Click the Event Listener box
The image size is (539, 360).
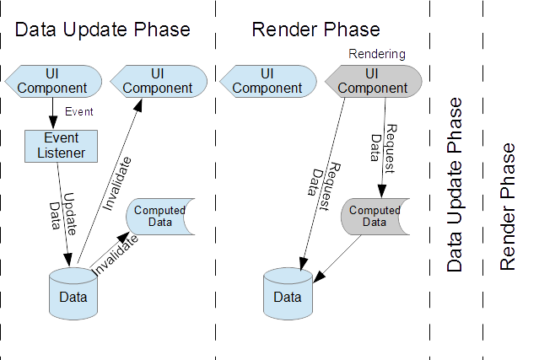(x=60, y=144)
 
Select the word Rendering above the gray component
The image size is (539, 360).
(x=377, y=54)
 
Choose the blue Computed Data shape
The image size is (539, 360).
(x=160, y=216)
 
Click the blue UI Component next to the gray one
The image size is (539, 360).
(x=267, y=81)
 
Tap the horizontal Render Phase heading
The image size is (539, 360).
(x=315, y=30)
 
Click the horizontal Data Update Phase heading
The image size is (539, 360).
(x=103, y=30)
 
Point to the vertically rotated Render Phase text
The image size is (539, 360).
(x=507, y=207)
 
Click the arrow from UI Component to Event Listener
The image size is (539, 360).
(x=53, y=112)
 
